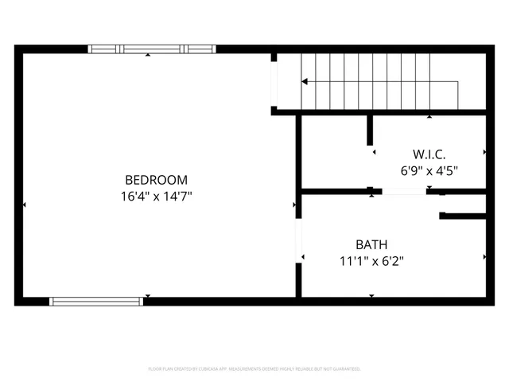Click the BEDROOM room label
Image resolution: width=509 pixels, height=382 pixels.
156,180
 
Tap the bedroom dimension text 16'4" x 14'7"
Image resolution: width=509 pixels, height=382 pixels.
156,195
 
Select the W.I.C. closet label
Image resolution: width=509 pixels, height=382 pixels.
429,154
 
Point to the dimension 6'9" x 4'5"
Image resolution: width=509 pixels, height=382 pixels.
429,170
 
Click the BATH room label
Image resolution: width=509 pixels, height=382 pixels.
371,244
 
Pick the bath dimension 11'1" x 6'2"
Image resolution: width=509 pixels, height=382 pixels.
371,259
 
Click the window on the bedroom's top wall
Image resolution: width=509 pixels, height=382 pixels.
151,49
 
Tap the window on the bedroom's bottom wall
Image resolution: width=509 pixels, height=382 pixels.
96,302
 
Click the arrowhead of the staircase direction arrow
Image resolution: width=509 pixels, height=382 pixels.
304,81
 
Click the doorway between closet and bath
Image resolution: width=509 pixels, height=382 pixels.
404,191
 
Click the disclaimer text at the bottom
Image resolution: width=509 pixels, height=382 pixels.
254,369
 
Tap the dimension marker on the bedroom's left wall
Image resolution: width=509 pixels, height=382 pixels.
24,205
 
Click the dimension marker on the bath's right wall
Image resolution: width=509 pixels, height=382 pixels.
484,257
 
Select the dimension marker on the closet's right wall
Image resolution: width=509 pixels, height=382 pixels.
484,151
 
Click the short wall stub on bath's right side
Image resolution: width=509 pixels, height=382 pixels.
463,215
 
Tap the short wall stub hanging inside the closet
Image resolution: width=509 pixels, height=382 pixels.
371,131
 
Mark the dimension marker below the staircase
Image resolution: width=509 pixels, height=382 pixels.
429,117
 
